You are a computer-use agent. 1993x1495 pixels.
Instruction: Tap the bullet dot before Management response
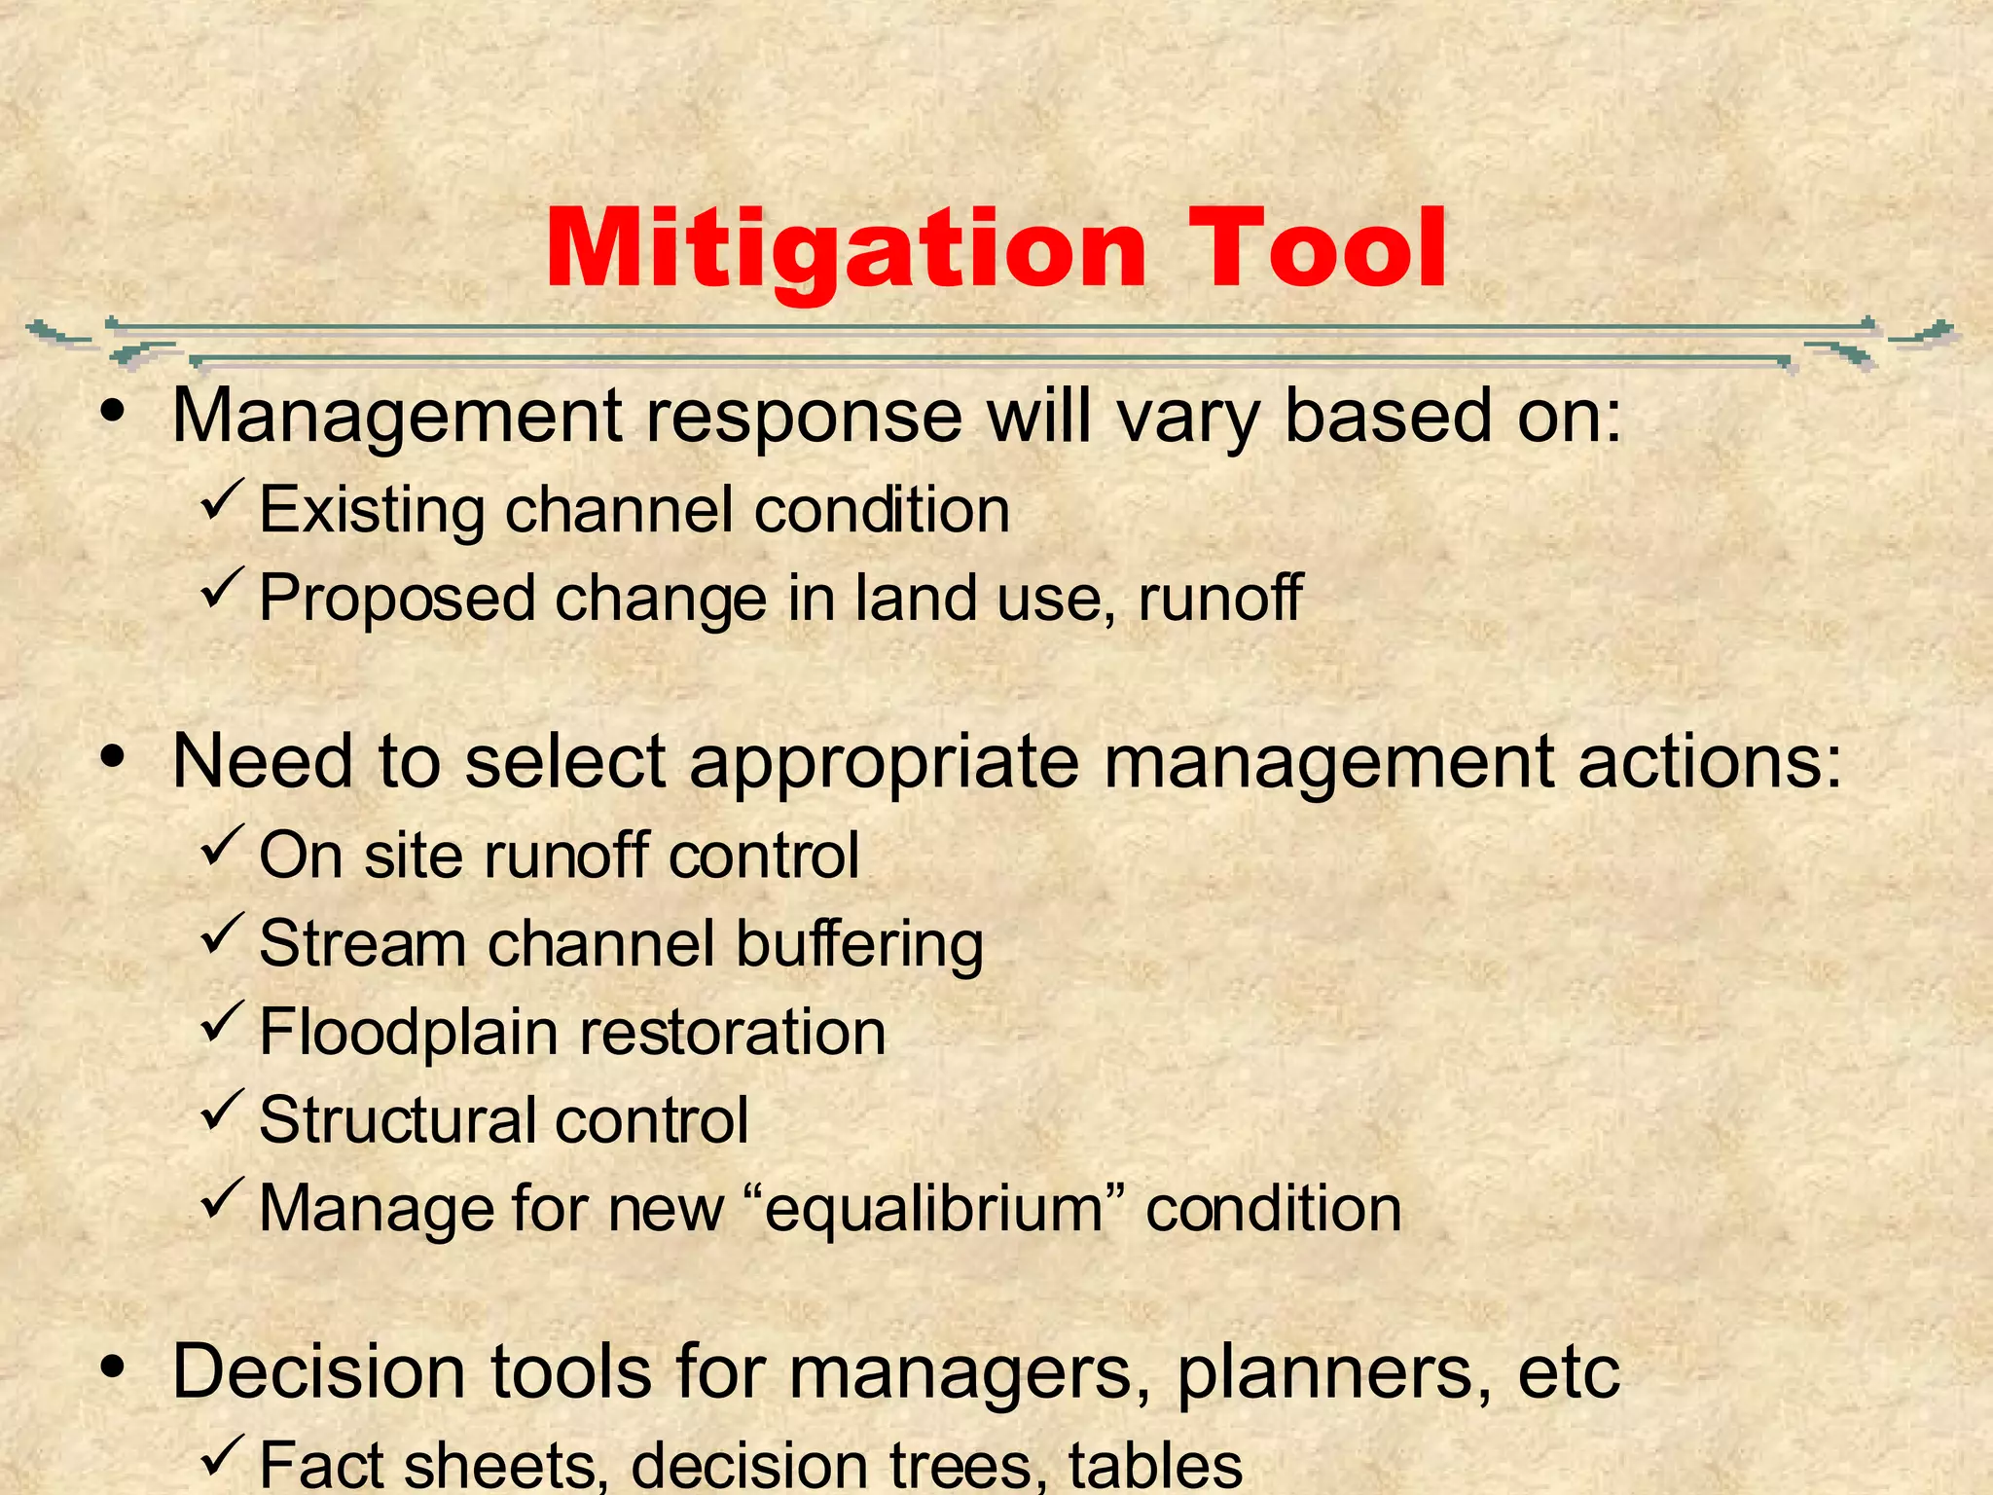[x=114, y=412]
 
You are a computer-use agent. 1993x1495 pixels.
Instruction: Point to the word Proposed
[x=397, y=599]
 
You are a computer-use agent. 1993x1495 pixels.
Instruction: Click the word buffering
[x=859, y=945]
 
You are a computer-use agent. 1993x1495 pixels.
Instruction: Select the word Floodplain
[x=408, y=1033]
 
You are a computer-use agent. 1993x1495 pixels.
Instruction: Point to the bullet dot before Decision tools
[x=114, y=1367]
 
